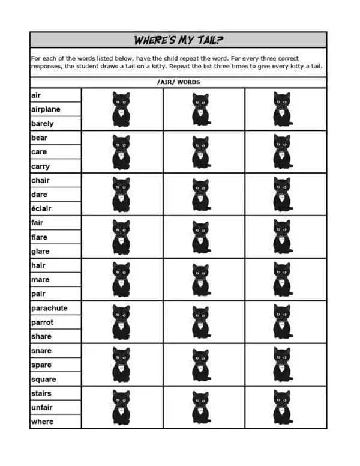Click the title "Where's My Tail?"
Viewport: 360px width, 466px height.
[x=178, y=40]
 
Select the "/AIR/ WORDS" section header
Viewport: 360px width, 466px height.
[x=178, y=82]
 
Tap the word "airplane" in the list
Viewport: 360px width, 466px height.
[x=46, y=110]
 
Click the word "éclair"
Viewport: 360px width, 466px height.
[x=41, y=208]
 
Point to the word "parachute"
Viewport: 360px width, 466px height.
[x=49, y=308]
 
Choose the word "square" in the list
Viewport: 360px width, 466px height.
[x=44, y=379]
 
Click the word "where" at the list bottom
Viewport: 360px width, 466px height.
[x=42, y=422]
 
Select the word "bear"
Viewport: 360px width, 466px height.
[x=39, y=138]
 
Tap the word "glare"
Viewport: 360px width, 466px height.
[x=40, y=251]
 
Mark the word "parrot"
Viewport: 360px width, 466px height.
[x=42, y=322]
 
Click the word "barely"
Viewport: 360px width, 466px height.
[x=42, y=124]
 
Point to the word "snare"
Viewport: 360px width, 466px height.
[x=41, y=351]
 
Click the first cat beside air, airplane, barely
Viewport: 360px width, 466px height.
[x=121, y=109]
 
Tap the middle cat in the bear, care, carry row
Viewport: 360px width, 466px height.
[x=200, y=152]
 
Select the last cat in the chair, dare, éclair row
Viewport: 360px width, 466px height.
[x=281, y=194]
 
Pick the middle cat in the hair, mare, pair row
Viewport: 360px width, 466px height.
[x=200, y=279]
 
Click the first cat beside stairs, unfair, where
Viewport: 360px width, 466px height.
[x=121, y=407]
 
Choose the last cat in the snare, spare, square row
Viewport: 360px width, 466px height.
[x=281, y=365]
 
